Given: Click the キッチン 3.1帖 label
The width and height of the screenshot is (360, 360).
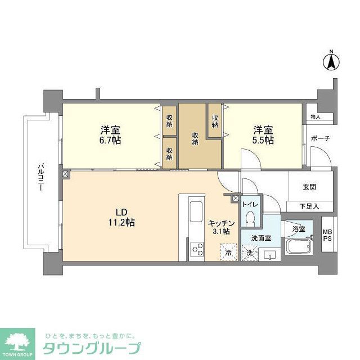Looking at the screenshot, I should (218, 227).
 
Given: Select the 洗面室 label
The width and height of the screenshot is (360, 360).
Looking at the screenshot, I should (261, 238).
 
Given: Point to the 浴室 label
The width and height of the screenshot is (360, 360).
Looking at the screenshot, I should (298, 229).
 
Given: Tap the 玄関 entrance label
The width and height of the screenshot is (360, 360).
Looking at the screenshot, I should (309, 187).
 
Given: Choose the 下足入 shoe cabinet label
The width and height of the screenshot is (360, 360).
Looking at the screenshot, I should (309, 206).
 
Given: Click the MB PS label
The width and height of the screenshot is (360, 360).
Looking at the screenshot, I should (327, 235).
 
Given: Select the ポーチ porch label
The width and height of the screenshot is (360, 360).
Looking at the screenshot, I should (319, 139).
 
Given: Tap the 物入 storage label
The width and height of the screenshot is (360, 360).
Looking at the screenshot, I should (314, 116).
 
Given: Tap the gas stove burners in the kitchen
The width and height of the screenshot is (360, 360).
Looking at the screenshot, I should (197, 248).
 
